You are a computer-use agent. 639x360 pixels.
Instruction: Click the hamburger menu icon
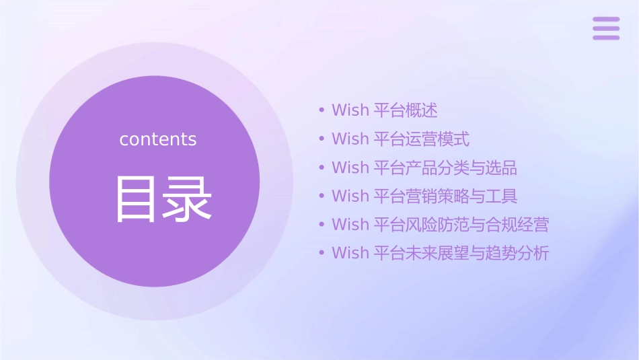(605, 28)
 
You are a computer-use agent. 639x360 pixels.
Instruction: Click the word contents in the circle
(158, 139)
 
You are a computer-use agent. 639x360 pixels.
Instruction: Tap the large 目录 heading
(163, 199)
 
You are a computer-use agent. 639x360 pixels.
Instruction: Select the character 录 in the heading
(188, 199)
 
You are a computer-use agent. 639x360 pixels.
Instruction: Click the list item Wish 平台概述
(384, 110)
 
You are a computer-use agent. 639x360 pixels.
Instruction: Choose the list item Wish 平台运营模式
(400, 139)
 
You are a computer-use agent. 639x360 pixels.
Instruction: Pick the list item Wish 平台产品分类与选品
(424, 168)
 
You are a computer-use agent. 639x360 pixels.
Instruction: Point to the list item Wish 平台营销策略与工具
(424, 196)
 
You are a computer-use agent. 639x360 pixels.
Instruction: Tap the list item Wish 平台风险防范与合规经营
(440, 225)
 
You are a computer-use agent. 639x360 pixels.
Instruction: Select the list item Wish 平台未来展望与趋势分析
(440, 253)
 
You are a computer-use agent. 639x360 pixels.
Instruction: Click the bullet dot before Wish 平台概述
(322, 110)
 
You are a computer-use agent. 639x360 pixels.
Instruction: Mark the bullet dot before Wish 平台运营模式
(322, 139)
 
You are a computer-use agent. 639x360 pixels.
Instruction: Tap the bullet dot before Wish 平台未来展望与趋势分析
(322, 253)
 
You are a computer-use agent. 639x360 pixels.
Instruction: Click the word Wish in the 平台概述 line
(350, 110)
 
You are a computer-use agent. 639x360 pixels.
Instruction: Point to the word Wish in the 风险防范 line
(350, 225)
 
